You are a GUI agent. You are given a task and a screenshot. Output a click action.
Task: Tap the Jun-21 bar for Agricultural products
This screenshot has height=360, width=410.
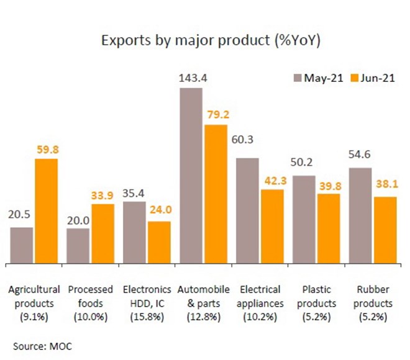pos(46,210)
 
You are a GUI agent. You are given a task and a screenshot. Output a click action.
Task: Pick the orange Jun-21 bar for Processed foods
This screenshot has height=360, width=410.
pos(102,233)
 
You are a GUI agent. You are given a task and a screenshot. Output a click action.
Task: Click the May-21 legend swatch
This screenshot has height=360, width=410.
pos(297,78)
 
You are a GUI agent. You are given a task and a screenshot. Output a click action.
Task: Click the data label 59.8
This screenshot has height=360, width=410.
pos(47,150)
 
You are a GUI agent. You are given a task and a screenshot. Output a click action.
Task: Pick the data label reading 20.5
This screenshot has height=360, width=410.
pos(21,218)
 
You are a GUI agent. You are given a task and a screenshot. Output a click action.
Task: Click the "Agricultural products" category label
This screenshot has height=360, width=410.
pos(34,297)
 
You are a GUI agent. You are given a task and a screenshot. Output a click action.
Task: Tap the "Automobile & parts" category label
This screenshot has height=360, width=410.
pos(203,297)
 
